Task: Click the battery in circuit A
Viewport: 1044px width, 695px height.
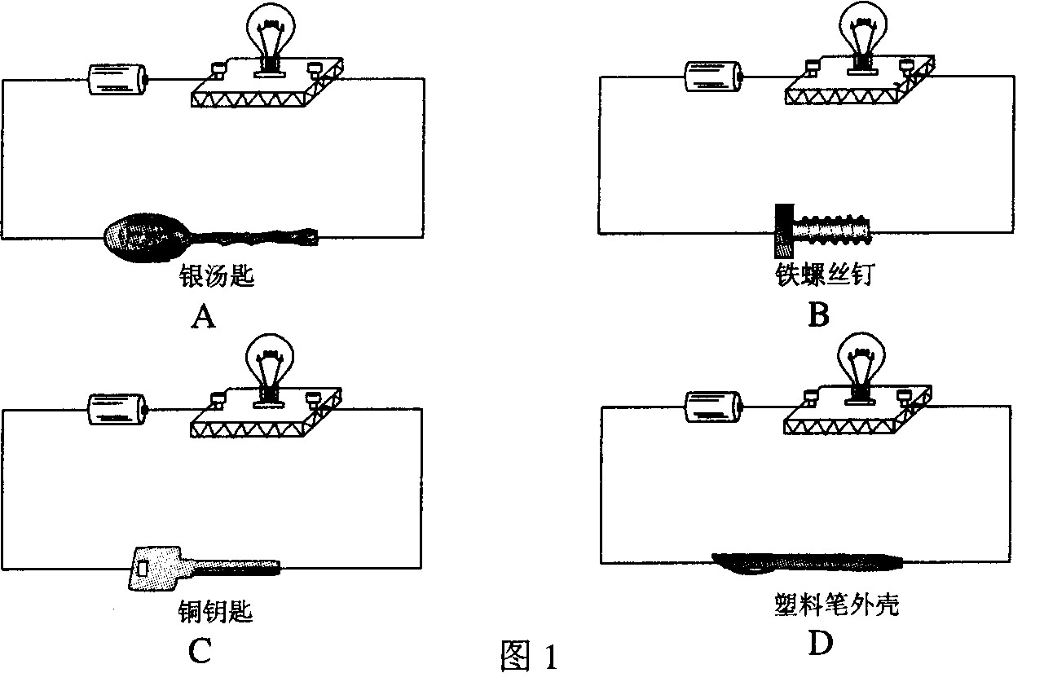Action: point(119,79)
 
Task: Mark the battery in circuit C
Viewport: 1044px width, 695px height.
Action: point(117,407)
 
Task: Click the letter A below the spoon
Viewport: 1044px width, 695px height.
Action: point(203,315)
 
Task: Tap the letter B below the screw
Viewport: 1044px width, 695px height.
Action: point(817,314)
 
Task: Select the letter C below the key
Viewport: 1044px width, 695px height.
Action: point(200,649)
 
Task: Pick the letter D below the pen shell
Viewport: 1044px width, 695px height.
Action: point(820,644)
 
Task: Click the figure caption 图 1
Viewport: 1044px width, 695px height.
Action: point(529,656)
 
